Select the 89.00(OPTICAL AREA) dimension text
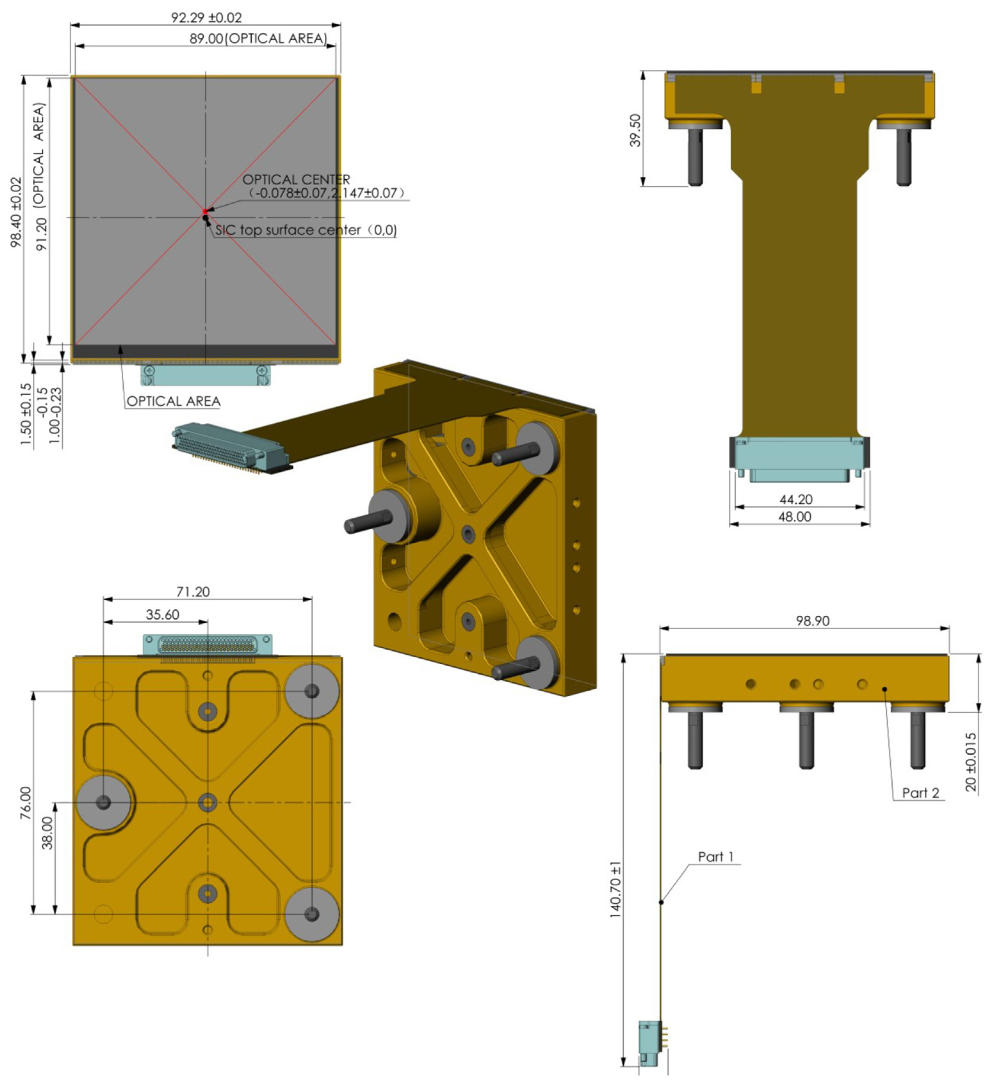258,39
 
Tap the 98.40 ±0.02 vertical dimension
16,212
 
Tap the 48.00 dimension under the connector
794,516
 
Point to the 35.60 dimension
162,615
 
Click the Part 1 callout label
716,857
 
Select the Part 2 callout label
921,793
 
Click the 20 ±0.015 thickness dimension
970,762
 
